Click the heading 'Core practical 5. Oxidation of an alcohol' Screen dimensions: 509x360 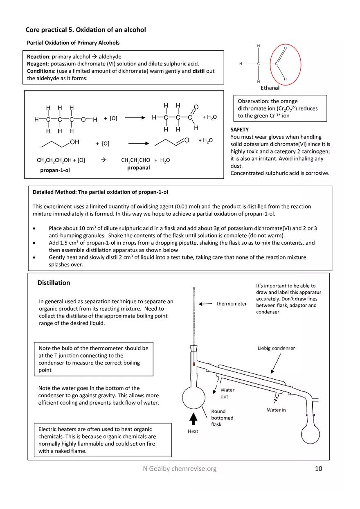coord(85,30)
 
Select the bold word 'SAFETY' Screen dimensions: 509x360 coord(240,130)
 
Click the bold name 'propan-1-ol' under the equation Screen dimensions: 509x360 coord(55,170)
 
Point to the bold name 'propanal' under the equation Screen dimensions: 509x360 coord(138,168)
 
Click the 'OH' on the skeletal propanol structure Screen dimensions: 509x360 coord(74,142)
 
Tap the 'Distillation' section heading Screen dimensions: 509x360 coord(54,283)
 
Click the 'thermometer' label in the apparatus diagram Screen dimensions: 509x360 coord(232,304)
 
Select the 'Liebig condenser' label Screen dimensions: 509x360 coord(276,348)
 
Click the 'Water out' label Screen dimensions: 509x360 coord(227,393)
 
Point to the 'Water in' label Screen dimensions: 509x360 coord(276,410)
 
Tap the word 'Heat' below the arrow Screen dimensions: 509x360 coord(193,431)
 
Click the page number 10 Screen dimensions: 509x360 coord(319,468)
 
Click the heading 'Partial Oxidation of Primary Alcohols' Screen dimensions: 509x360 coord(73,43)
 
